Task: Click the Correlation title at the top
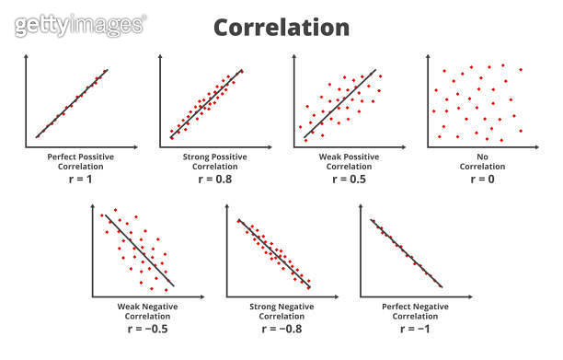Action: (x=281, y=27)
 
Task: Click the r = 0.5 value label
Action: (x=338, y=180)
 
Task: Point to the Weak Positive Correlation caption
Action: (x=338, y=161)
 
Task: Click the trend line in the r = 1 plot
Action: (x=72, y=103)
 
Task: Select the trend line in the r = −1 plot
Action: (x=406, y=251)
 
